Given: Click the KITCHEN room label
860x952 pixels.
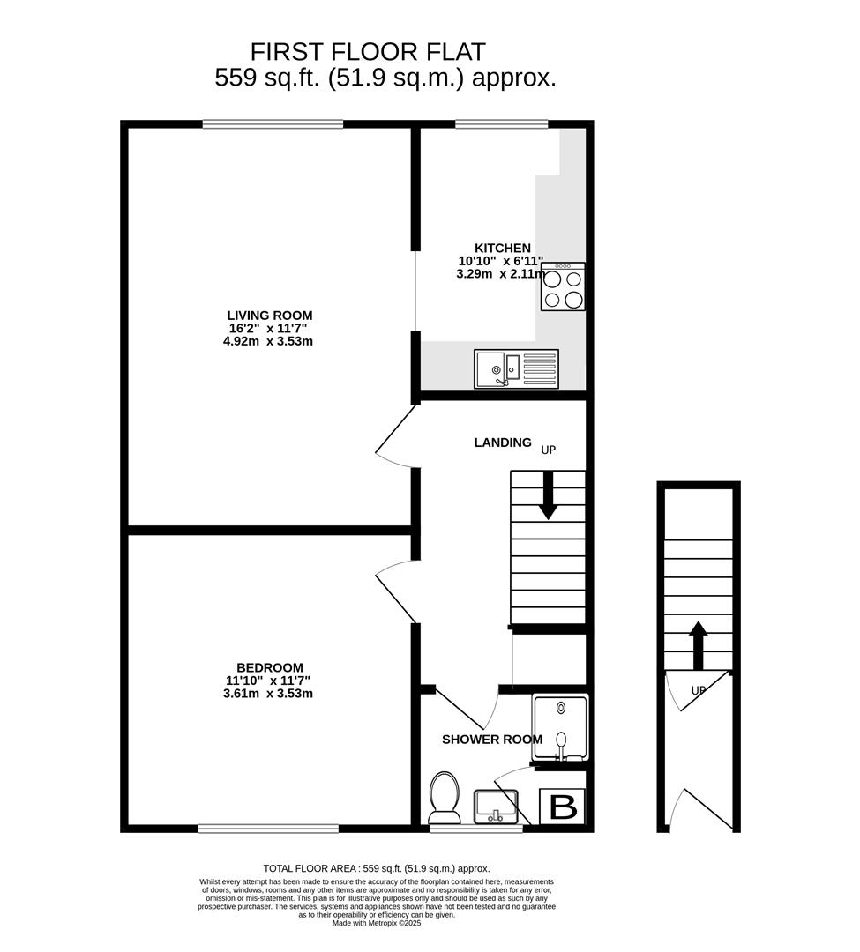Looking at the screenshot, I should click(503, 249).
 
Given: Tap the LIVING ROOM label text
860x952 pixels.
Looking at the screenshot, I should click(269, 316).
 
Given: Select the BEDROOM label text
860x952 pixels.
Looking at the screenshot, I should click(269, 668).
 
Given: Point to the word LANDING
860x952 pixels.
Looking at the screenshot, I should click(503, 443).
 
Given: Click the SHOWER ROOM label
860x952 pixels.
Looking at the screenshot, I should click(492, 740).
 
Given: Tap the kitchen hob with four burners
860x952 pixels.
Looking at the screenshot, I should click(563, 287).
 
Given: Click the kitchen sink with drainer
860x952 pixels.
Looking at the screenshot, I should click(516, 369).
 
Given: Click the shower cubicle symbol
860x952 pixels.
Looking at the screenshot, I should click(560, 728).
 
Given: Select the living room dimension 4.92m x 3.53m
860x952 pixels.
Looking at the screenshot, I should click(269, 341).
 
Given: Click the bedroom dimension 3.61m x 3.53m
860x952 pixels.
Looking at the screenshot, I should click(269, 694).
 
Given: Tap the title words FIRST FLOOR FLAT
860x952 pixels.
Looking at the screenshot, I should click(368, 51).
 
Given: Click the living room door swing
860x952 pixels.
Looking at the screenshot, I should click(395, 435).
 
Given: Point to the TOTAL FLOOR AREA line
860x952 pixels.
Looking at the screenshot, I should click(376, 868).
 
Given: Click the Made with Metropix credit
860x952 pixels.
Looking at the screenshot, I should click(376, 923).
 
